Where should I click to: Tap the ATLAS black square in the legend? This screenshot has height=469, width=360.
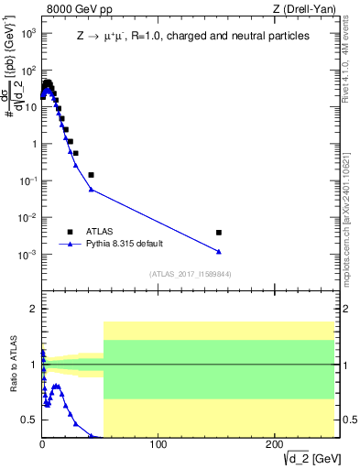tap(69, 232)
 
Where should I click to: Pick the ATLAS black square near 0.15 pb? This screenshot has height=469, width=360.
tap(91, 174)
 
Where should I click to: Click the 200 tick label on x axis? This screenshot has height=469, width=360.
tap(274, 444)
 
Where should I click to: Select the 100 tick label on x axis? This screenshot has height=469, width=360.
tap(158, 444)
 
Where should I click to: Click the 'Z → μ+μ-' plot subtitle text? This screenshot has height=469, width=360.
tap(102, 36)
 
